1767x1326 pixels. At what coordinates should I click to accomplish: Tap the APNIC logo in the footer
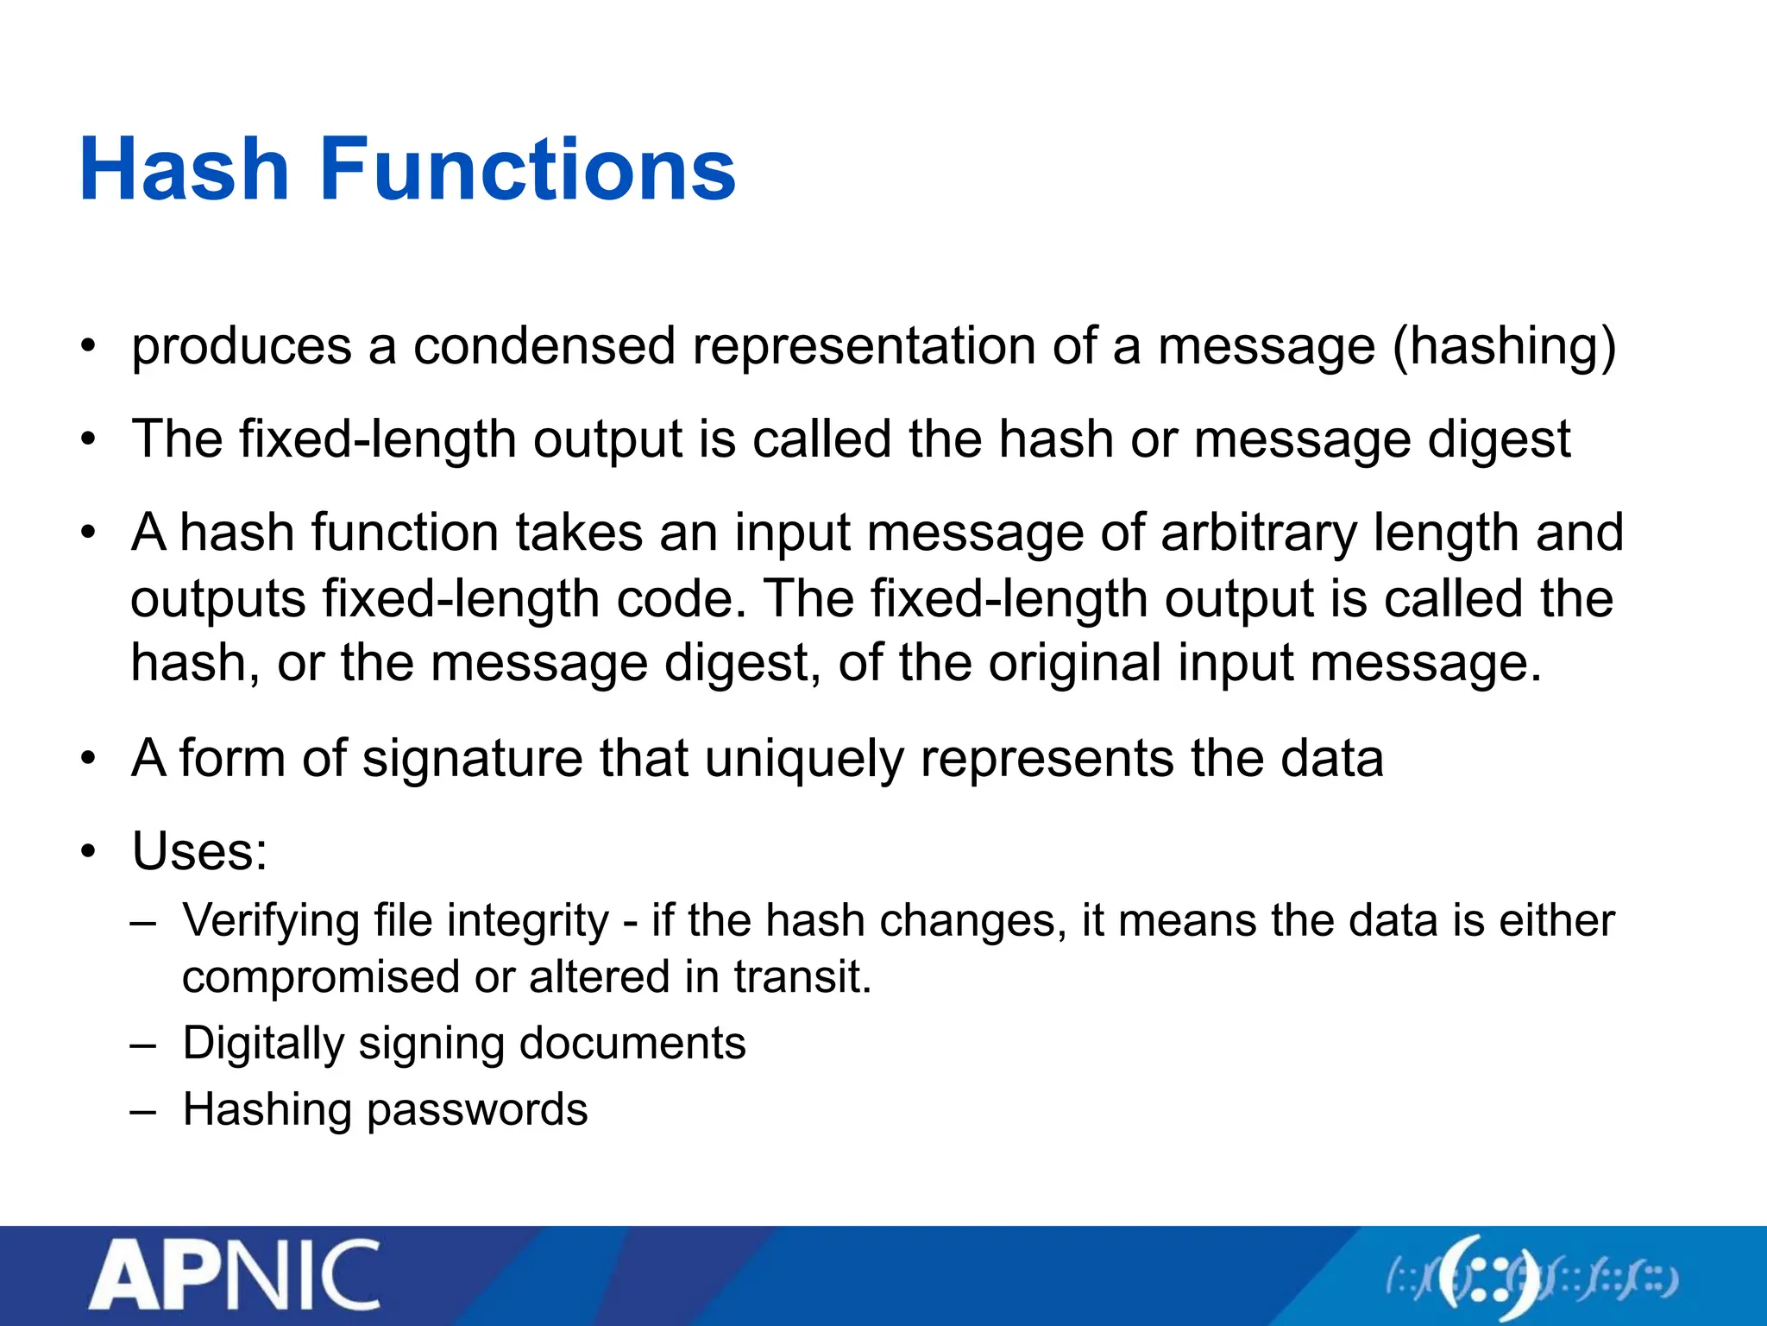(234, 1275)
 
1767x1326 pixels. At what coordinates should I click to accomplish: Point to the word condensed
(544, 346)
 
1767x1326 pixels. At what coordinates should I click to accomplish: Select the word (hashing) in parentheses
(1505, 346)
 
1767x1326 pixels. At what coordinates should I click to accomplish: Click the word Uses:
(199, 851)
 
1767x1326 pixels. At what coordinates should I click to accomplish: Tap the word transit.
(802, 977)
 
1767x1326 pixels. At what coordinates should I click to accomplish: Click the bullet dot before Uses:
(87, 852)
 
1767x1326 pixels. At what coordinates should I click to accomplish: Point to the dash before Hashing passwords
(143, 1110)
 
